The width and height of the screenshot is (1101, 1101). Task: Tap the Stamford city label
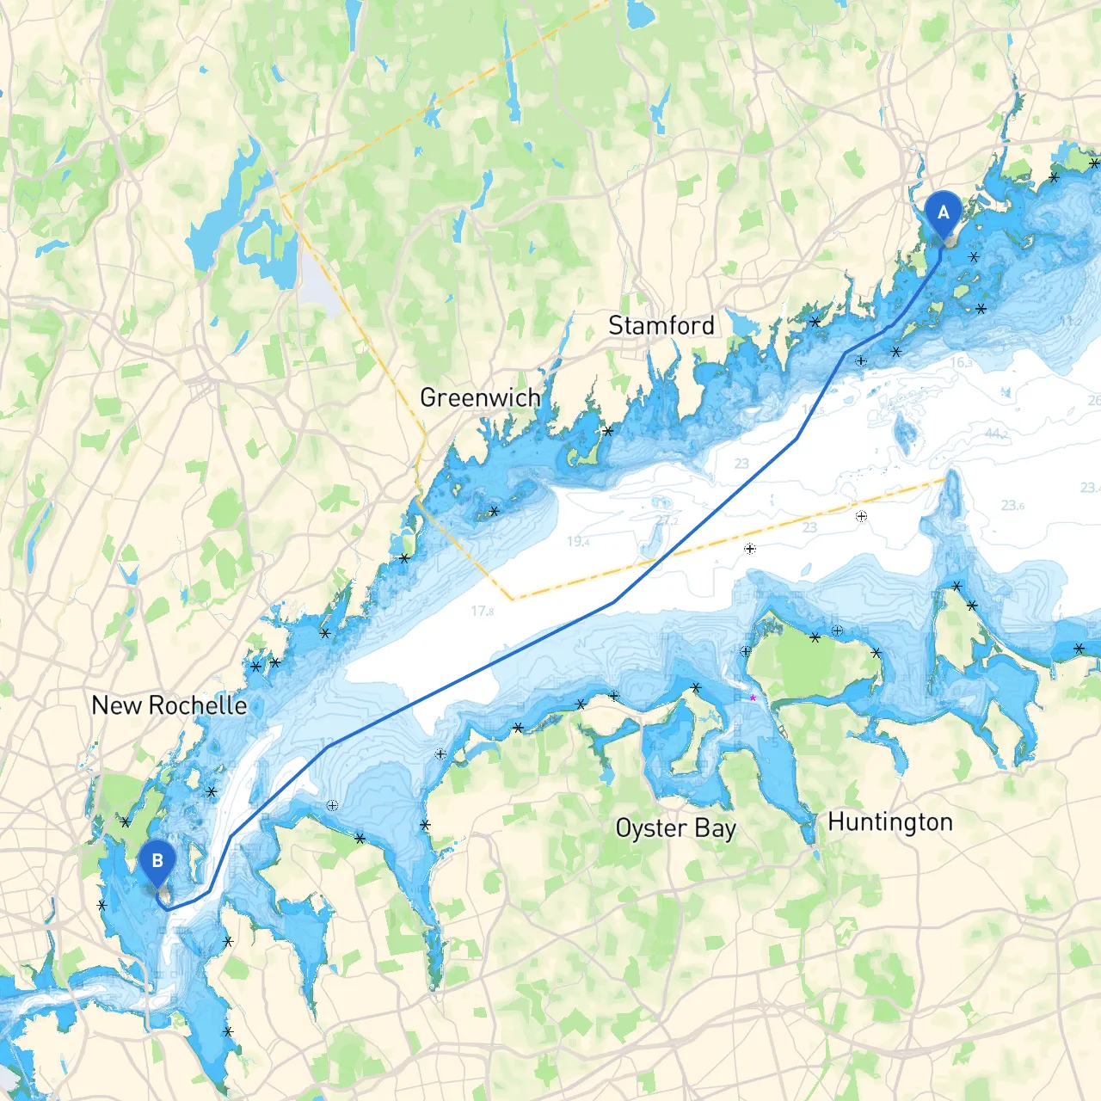[661, 326]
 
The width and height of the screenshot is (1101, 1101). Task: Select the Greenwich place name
[480, 398]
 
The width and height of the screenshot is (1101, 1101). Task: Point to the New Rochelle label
[169, 706]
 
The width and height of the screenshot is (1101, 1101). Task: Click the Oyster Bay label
[675, 828]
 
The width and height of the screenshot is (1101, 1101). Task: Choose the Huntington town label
[889, 822]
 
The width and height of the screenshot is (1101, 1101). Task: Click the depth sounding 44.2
[996, 434]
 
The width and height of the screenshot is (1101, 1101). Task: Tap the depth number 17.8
[482, 612]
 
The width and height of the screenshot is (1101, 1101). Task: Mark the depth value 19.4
[578, 542]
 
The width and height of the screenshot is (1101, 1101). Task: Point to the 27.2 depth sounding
[667, 521]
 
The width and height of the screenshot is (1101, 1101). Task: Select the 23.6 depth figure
[1012, 506]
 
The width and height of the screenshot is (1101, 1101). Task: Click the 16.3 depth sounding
[962, 363]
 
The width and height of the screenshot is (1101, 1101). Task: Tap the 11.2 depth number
[1070, 321]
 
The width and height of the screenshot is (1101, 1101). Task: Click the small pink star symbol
[753, 698]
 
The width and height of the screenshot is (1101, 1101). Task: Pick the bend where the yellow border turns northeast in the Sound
[511, 599]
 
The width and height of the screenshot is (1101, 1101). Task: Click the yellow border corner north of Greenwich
[280, 197]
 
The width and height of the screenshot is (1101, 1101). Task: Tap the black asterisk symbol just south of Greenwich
[495, 512]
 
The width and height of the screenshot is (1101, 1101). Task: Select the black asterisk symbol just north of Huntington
[876, 653]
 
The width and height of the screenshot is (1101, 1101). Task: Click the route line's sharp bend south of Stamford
[797, 439]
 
